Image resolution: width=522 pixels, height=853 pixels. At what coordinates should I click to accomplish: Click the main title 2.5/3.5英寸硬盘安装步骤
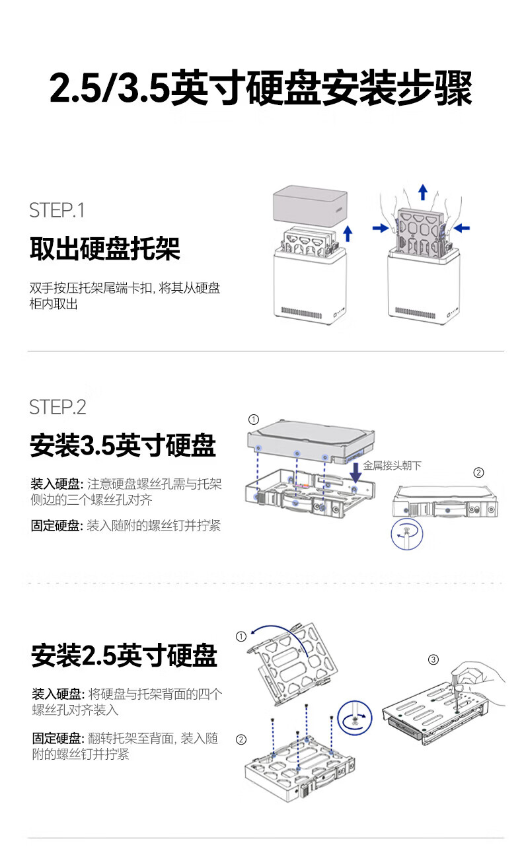261,89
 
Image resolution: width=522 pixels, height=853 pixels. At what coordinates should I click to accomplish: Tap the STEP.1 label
57,211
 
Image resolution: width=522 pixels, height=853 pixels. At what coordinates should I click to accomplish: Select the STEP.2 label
57,407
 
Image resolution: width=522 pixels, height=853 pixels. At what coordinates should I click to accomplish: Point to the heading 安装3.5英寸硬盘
122,446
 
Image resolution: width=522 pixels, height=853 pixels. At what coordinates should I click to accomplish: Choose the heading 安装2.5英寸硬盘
124,655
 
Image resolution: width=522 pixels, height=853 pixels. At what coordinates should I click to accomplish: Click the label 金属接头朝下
392,466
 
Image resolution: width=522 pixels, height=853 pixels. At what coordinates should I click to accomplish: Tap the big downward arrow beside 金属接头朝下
355,470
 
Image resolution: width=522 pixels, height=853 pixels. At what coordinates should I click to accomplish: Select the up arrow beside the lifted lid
348,234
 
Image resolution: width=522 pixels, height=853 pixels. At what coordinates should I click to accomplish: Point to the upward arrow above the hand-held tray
423,192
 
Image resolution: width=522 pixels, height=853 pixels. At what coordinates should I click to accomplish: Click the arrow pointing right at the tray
379,228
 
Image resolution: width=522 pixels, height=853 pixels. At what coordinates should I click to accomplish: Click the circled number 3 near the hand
433,659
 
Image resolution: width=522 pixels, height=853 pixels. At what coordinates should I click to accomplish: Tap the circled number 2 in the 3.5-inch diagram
479,472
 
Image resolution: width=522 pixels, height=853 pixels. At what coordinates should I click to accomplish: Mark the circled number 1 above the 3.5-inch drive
253,420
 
